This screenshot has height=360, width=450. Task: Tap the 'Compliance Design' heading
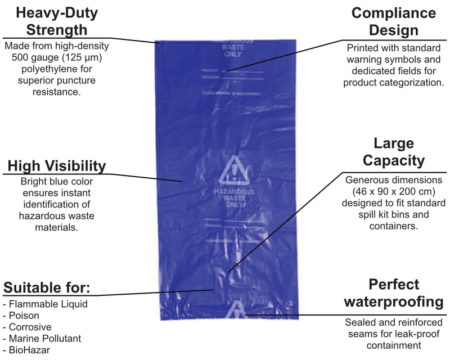pos(393,21)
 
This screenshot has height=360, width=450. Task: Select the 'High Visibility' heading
pos(56,166)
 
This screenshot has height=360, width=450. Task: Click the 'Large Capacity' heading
pos(393,152)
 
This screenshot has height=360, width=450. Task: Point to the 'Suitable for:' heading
pos(47,287)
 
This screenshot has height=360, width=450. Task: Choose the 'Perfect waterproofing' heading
pos(393,292)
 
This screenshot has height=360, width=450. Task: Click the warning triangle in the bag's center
pos(233,170)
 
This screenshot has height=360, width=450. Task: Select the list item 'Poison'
pos(22,316)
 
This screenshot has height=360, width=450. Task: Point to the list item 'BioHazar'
pos(28,350)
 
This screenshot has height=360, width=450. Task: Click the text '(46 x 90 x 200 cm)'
pos(393,191)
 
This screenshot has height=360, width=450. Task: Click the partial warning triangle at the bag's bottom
pos(237,309)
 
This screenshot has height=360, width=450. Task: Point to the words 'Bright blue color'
pos(56,182)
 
